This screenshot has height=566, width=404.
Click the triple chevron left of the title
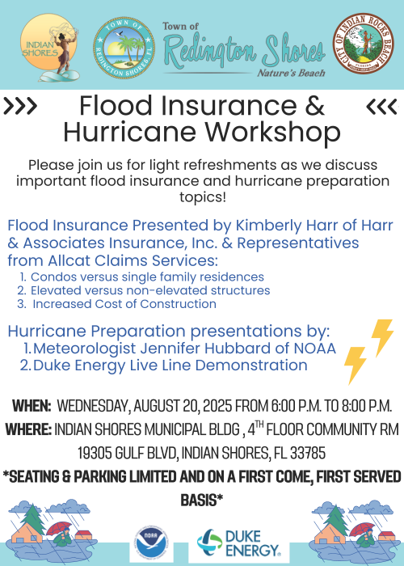pyautogui.click(x=21, y=106)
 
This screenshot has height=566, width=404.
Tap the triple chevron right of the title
pyautogui.click(x=382, y=106)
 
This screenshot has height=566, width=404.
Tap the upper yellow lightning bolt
pyautogui.click(x=381, y=336)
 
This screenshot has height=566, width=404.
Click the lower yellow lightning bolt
pyautogui.click(x=355, y=365)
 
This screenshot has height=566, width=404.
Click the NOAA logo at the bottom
pyautogui.click(x=151, y=544)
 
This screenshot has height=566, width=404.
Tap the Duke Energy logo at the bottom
pyautogui.click(x=239, y=544)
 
